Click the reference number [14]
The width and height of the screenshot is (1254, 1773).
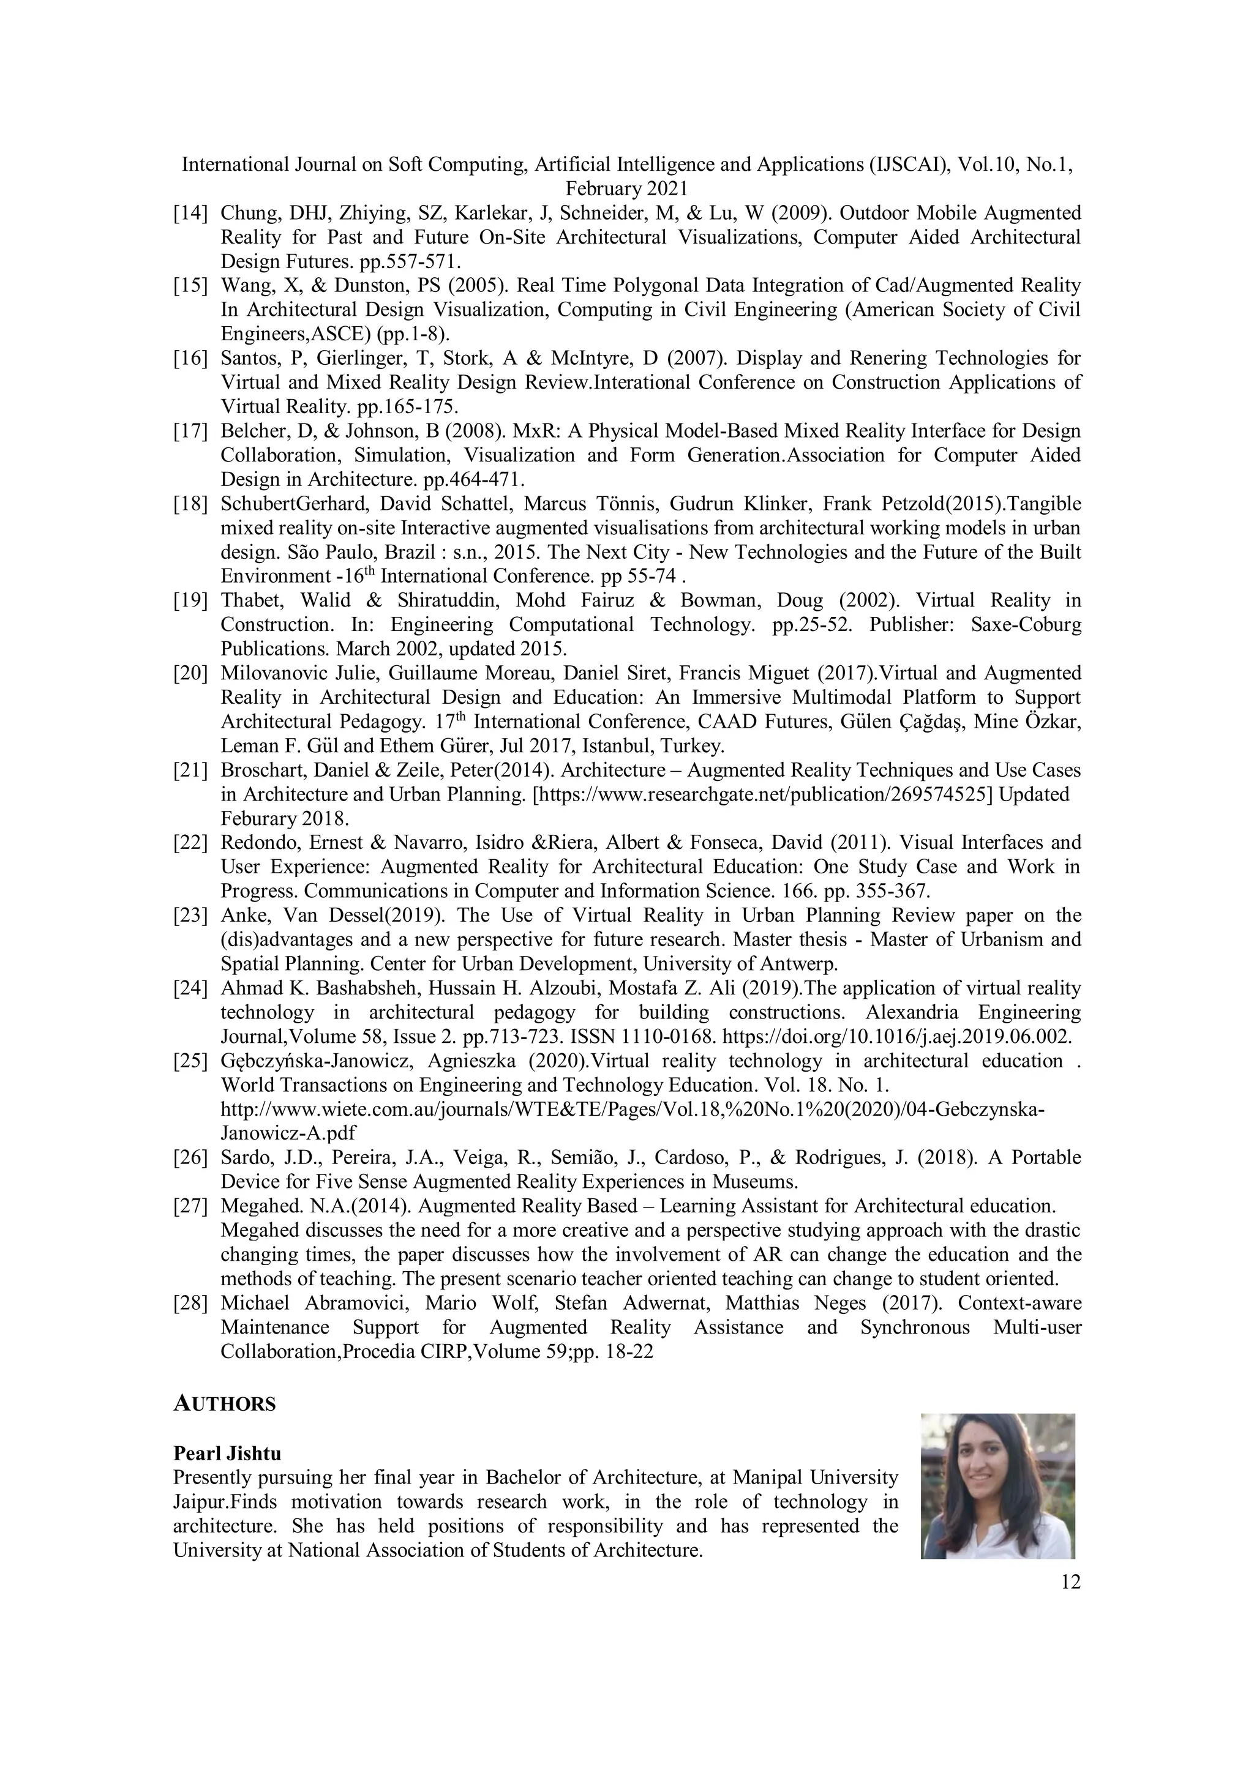pyautogui.click(x=190, y=213)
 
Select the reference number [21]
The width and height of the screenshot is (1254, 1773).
pyautogui.click(x=190, y=771)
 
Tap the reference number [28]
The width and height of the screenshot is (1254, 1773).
pyautogui.click(x=190, y=1304)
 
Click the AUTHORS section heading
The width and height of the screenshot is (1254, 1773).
pyautogui.click(x=224, y=1404)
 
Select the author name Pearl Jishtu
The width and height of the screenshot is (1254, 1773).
pyautogui.click(x=227, y=1454)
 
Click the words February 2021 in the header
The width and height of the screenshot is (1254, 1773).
pyautogui.click(x=626, y=189)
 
